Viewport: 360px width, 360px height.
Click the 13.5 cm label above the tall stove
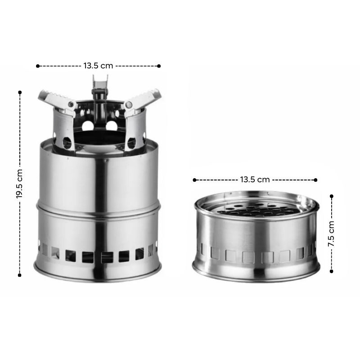click(x=98, y=66)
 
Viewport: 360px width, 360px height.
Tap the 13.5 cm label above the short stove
click(x=255, y=180)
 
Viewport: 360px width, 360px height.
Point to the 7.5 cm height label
click(x=331, y=234)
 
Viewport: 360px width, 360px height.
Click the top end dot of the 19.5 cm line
click(x=20, y=92)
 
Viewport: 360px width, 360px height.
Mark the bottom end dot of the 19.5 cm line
click(x=20, y=274)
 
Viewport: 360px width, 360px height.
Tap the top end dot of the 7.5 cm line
click(x=332, y=196)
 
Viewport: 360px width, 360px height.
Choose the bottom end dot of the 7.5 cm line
click(x=332, y=271)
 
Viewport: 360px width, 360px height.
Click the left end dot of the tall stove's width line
click(x=38, y=66)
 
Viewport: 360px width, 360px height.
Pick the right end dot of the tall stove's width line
click(x=159, y=66)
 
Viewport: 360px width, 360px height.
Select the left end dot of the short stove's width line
click(x=194, y=180)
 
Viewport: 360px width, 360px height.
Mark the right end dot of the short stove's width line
click(x=316, y=180)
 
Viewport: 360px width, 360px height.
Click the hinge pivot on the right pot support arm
click(x=129, y=105)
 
